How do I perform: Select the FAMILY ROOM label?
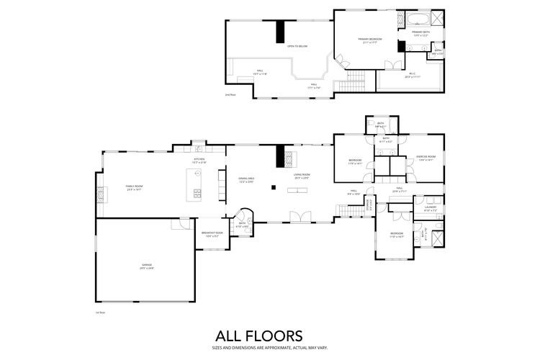point(135,186)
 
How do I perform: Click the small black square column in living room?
point(273,187)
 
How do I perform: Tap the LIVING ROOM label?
point(301,175)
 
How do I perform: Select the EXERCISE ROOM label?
point(426,158)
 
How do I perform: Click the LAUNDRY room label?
point(431,208)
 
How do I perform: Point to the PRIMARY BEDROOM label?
point(370,40)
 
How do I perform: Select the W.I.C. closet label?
point(412,75)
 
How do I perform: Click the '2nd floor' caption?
point(230,94)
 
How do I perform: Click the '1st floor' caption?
point(101,312)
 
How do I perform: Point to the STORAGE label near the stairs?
point(369,208)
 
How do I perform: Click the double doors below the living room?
point(297,215)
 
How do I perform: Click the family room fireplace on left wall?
point(100,192)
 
